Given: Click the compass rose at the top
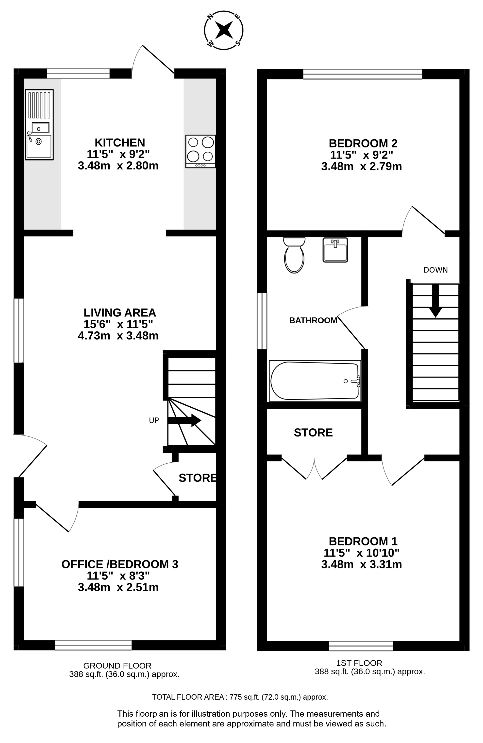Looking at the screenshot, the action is (x=224, y=30).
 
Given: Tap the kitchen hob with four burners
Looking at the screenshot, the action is (x=200, y=151).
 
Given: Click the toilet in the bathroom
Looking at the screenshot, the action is (x=294, y=255).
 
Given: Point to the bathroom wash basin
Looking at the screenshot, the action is (x=335, y=250).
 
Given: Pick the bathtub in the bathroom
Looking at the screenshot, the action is (x=315, y=381).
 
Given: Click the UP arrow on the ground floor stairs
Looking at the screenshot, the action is (x=184, y=420).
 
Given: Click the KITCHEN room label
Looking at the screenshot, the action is (x=120, y=143).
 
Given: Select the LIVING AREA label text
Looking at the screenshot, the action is (x=120, y=312).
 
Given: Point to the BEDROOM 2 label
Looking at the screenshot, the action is (x=363, y=143).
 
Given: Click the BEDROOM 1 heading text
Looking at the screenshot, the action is (x=363, y=541).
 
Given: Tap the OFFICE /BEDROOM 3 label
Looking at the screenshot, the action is (x=120, y=564).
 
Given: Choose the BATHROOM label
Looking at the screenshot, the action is (x=313, y=320).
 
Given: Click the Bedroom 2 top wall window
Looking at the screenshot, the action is (x=363, y=74).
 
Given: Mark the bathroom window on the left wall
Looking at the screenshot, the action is (x=262, y=321).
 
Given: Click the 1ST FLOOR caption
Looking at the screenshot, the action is (x=359, y=663).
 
